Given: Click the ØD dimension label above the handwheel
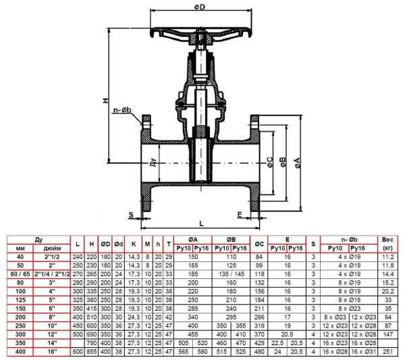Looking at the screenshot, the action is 200,7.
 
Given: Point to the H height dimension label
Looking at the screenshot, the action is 106,101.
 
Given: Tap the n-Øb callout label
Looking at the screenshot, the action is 122,110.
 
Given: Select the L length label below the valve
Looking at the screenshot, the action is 201,224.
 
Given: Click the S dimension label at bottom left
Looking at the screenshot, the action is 131,215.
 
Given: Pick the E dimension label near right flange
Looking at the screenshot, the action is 240,214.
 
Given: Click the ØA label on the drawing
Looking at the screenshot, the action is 298,163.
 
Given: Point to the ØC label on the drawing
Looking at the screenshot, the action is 270,162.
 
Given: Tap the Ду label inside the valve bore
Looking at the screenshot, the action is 153,162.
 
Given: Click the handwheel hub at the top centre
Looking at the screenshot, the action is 200,38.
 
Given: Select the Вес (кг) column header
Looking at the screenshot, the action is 387,244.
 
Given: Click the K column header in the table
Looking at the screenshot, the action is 134,244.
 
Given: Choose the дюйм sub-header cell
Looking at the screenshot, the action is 52,249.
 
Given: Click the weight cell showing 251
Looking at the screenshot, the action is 388,351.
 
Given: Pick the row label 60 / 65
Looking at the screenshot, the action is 20,274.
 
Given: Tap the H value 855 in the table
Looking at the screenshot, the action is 91,351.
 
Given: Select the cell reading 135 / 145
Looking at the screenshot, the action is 232,274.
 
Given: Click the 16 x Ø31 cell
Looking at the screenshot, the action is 364,351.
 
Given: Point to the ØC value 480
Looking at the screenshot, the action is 259,351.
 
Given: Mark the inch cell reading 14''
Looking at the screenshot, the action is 52,343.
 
